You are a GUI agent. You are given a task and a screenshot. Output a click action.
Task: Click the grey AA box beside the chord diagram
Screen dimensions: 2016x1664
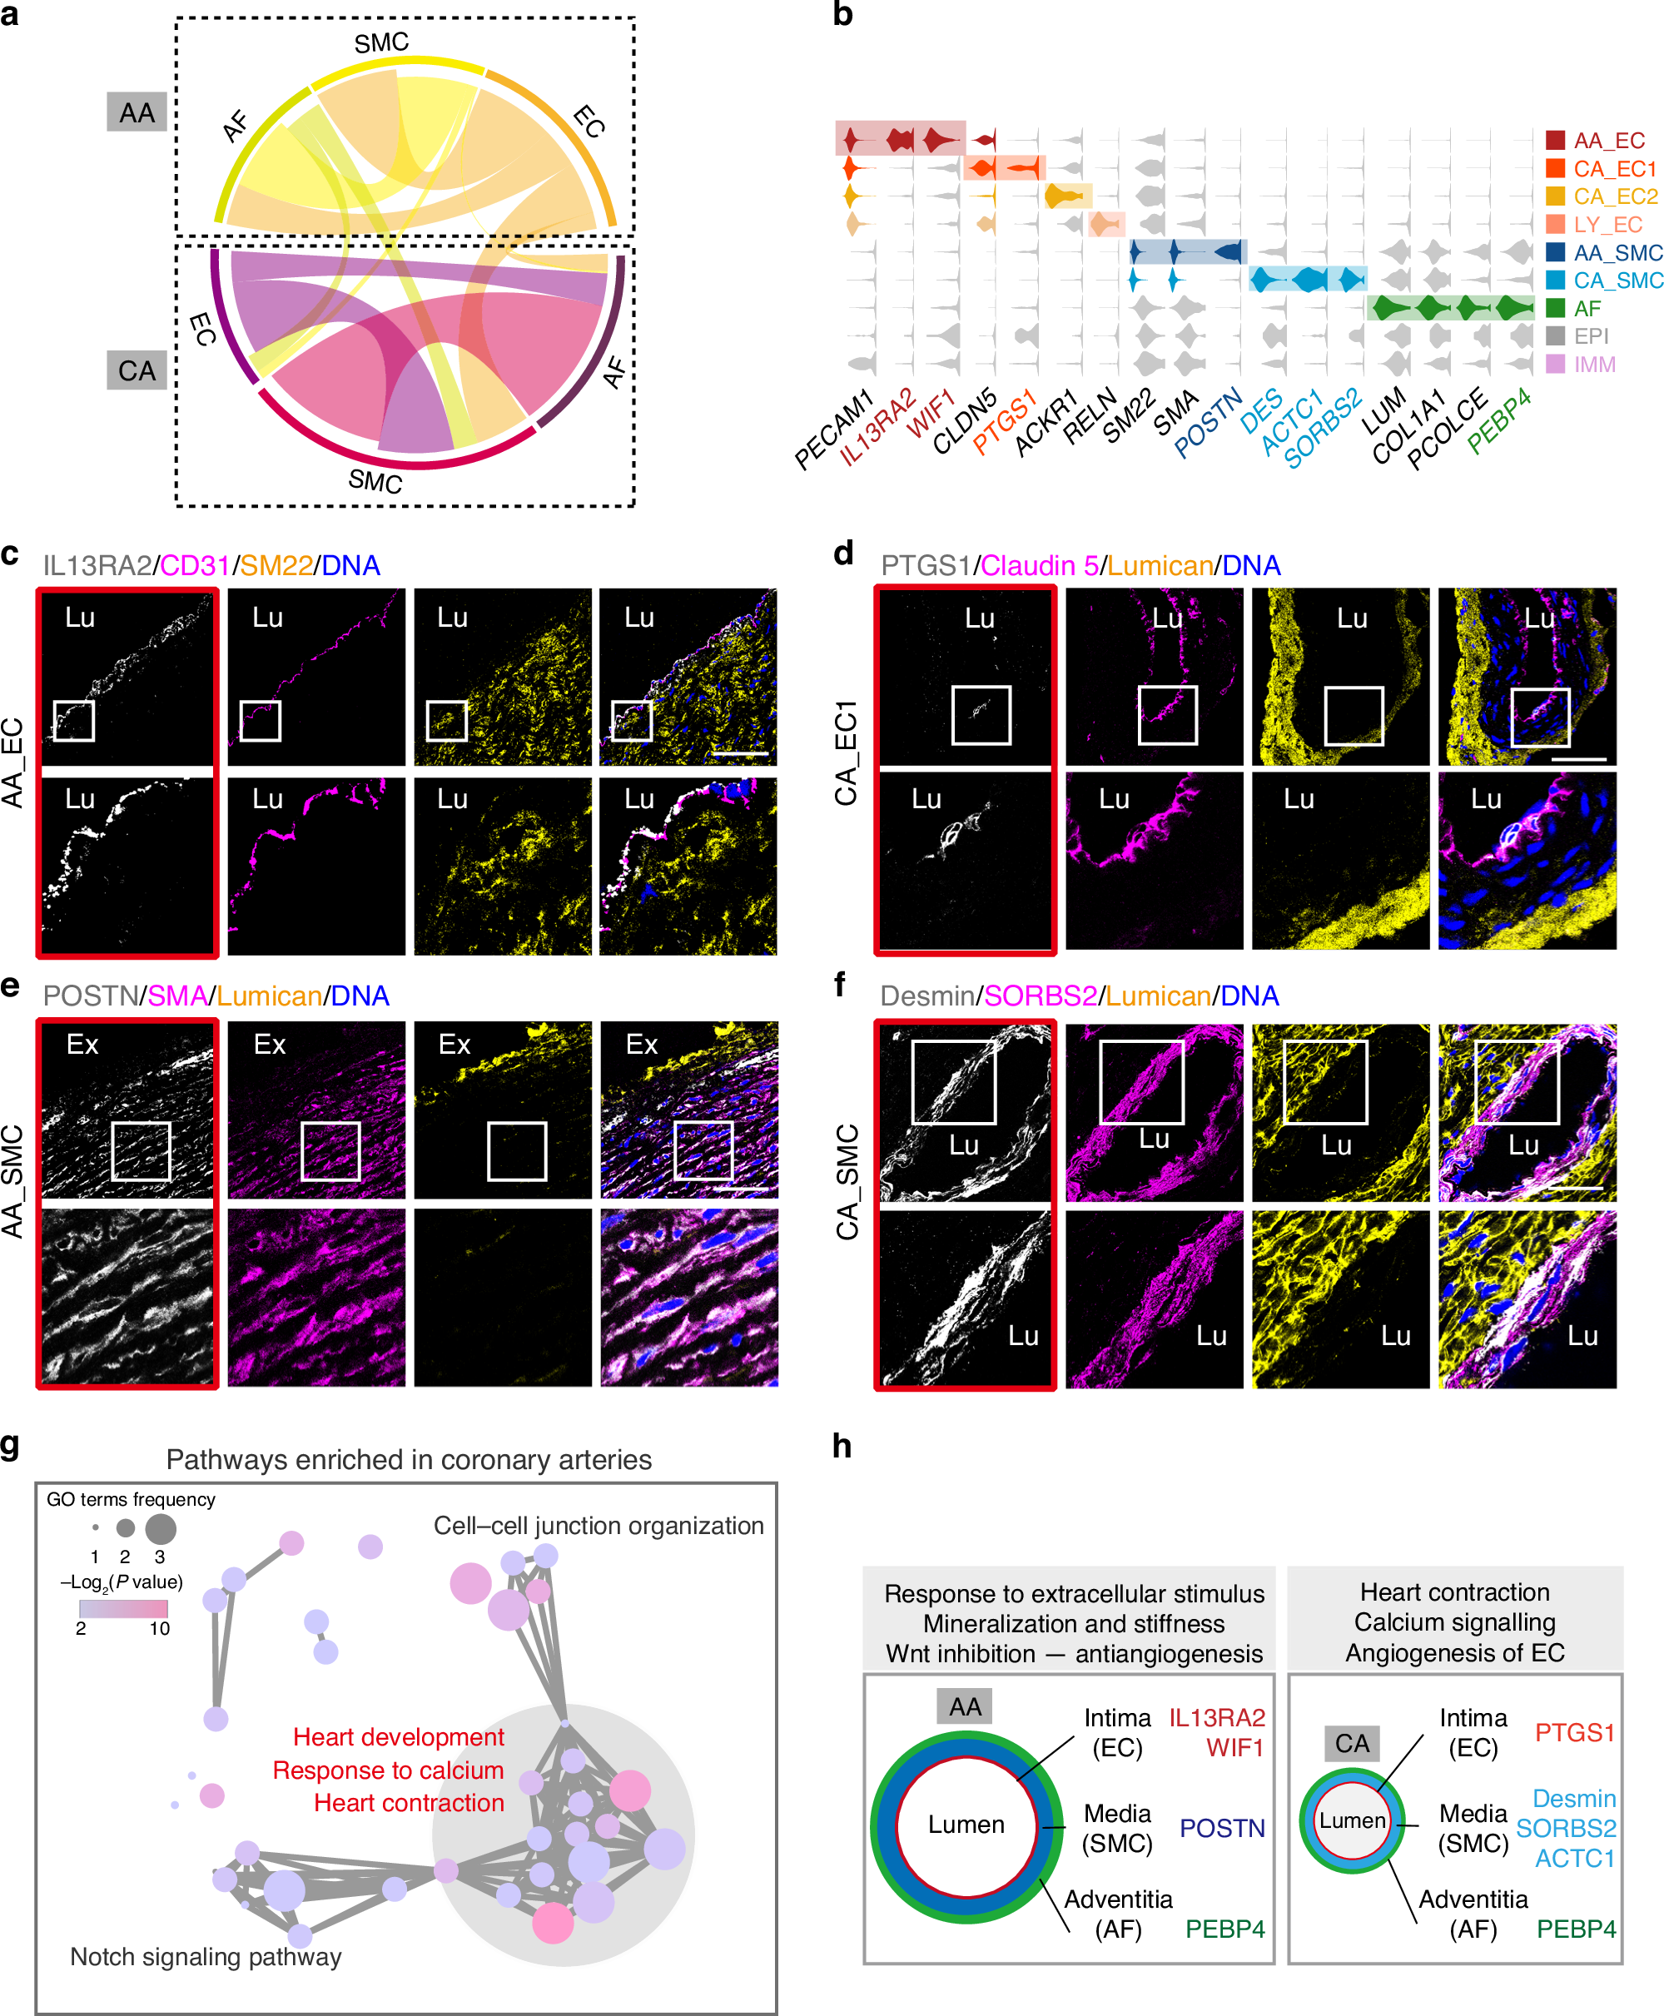(137, 113)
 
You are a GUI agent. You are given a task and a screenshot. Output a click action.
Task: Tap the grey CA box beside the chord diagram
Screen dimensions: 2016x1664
(137, 371)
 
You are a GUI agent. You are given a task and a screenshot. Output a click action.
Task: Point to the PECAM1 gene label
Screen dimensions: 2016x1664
(834, 430)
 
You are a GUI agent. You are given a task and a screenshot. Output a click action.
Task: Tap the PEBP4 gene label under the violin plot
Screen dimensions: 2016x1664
(1499, 421)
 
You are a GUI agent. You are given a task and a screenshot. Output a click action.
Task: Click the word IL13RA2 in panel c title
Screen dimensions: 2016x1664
(97, 565)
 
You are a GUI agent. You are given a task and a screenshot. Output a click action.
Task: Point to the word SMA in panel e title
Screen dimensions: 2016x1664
(177, 996)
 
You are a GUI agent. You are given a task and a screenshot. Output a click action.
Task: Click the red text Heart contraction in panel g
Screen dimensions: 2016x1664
(409, 1802)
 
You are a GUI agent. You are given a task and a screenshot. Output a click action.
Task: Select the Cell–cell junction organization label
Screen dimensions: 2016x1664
(599, 1525)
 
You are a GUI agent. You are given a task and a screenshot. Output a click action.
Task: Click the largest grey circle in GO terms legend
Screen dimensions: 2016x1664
(160, 1528)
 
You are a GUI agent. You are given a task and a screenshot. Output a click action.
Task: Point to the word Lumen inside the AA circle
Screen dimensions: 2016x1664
(966, 1825)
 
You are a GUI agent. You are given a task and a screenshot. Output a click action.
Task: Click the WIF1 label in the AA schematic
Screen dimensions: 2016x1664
(1234, 1748)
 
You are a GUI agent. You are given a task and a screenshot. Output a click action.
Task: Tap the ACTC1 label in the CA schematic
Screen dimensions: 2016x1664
(1575, 1858)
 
